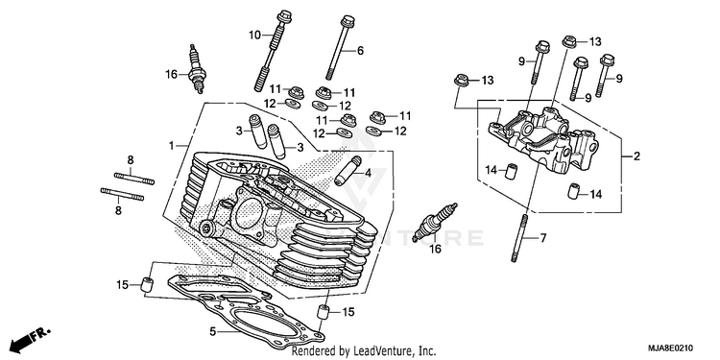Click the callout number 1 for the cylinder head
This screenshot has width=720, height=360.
pos(171,146)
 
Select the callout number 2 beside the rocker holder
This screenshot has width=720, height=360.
pos(636,156)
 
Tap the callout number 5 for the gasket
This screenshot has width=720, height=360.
pos(212,331)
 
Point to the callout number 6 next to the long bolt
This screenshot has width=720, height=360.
pos(360,51)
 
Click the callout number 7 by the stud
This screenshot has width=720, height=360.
pos(542,238)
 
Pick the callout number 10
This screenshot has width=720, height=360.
pos(254,35)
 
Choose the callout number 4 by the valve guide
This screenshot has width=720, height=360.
pos(368,173)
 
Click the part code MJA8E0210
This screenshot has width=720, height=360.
pos(670,348)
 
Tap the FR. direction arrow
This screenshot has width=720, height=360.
pos(31,339)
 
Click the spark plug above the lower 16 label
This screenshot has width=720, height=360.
pos(435,222)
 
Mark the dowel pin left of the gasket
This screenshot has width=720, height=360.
pos(147,285)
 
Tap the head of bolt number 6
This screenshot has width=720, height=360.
pos(347,21)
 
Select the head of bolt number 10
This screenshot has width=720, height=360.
pos(283,15)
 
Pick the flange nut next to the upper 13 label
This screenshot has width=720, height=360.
pos(570,41)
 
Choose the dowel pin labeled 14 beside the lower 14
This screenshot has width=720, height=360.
pos(573,191)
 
